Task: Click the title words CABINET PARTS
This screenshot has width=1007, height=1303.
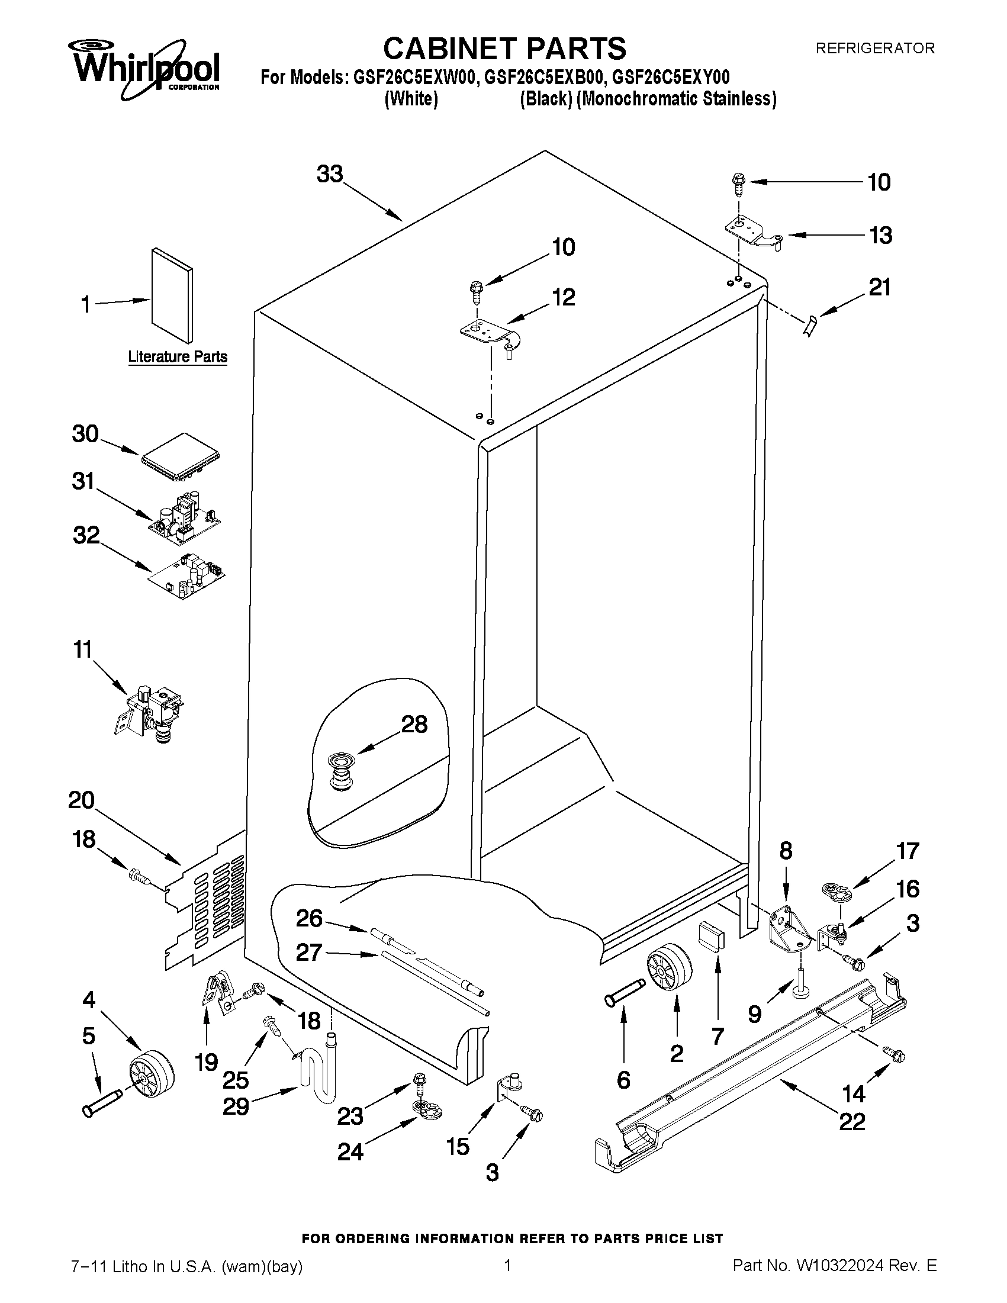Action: [x=504, y=49]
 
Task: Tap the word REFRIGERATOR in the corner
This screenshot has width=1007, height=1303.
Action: [x=874, y=49]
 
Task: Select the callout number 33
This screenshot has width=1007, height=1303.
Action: [x=330, y=175]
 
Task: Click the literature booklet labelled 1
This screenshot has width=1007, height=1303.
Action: [x=172, y=297]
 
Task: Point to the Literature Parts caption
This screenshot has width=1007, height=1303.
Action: [x=178, y=357]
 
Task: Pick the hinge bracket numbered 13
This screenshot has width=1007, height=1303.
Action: [x=753, y=234]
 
